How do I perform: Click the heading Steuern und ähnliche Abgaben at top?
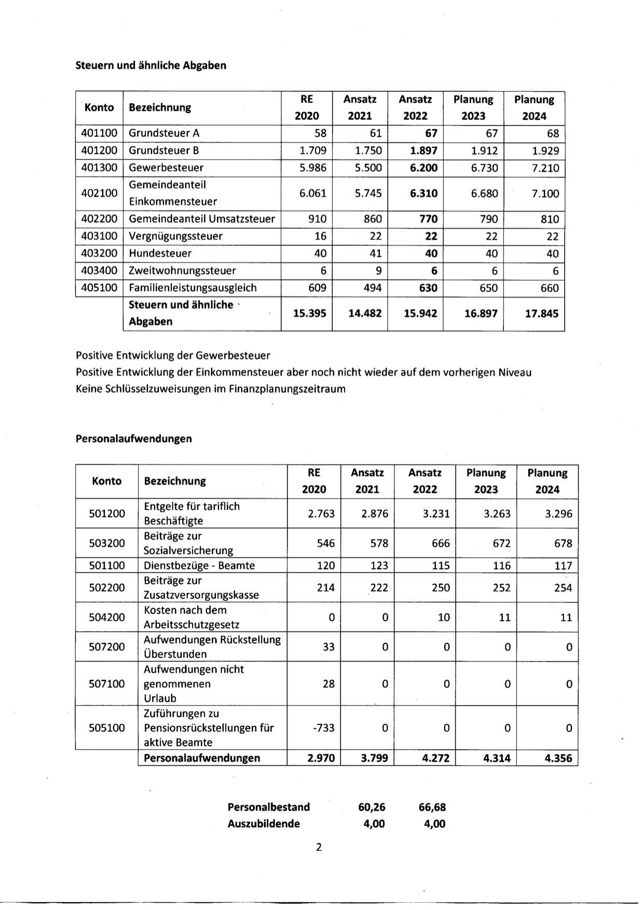151,65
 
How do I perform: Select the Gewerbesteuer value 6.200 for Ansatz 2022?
423,168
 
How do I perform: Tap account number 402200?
99,219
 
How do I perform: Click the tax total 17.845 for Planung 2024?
541,313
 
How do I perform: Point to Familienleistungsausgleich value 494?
372,288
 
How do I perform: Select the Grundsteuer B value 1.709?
312,150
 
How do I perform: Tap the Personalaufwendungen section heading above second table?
133,438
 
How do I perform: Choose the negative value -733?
323,728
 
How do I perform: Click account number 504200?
107,617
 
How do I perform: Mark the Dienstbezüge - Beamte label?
199,566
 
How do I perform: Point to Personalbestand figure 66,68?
432,807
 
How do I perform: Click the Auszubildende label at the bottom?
263,823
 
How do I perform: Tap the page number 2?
319,847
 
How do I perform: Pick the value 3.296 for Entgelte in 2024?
558,514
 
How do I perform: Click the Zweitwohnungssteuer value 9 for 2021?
378,271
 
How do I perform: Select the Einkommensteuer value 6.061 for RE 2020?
312,194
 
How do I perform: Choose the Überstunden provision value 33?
329,647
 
